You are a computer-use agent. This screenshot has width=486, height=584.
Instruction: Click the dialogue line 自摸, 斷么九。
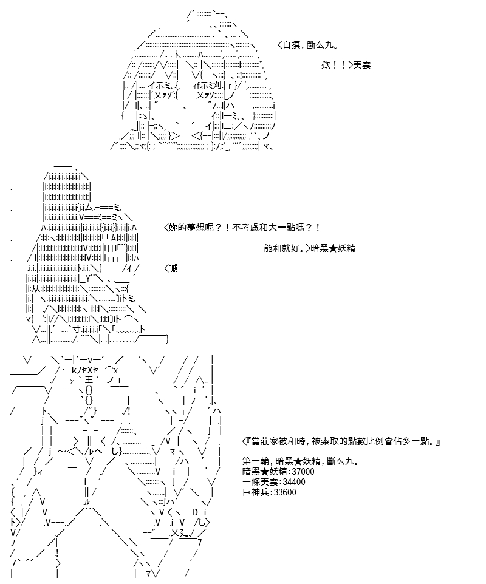(308, 45)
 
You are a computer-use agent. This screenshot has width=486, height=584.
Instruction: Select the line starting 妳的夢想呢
(242, 227)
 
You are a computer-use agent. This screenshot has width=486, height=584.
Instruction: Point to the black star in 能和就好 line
(333, 248)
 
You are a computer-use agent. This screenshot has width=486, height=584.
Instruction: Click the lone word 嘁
(173, 268)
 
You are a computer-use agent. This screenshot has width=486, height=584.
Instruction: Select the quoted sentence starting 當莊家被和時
(341, 441)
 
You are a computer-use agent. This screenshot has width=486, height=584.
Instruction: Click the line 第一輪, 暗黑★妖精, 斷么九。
(301, 461)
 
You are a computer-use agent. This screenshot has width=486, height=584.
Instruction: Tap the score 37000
(303, 472)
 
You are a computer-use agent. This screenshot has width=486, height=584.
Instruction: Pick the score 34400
(295, 482)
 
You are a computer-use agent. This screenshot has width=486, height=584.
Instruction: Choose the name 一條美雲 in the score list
(260, 482)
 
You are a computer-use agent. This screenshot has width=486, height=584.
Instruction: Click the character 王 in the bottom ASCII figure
(89, 380)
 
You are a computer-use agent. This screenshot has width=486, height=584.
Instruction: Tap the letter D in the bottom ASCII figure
(194, 512)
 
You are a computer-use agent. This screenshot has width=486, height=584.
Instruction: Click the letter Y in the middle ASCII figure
(88, 279)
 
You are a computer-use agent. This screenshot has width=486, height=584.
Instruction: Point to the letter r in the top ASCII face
(230, 86)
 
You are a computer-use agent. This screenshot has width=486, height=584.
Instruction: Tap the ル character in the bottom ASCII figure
(86, 503)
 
